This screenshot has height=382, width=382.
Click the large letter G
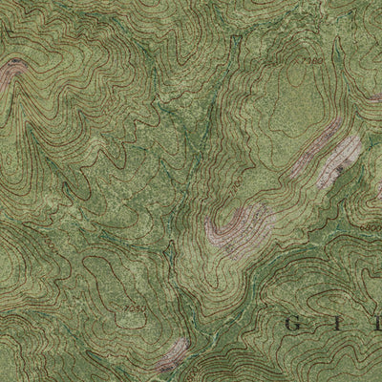(x=293, y=325)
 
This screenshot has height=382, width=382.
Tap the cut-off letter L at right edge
(x=376, y=325)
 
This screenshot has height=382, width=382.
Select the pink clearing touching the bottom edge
(x=173, y=355)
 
